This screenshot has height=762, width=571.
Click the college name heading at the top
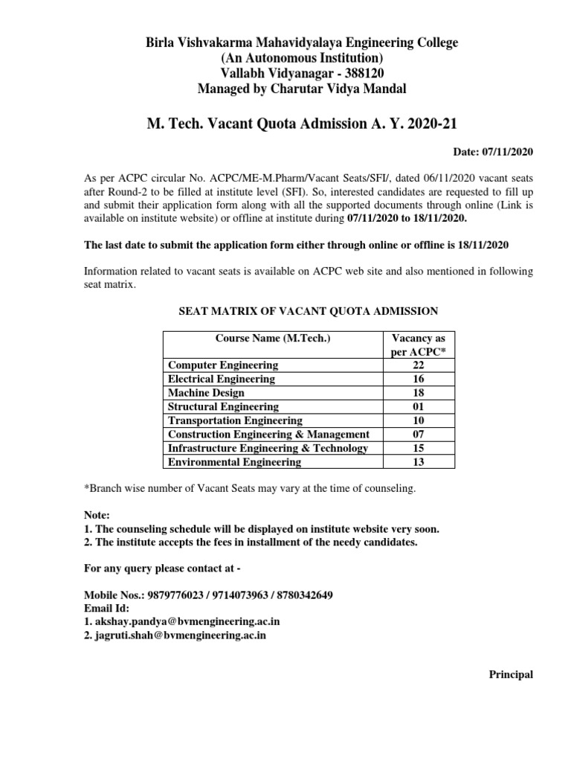(x=301, y=42)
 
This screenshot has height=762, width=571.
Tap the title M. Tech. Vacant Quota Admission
(x=301, y=122)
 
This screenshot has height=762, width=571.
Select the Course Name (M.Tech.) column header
(x=272, y=338)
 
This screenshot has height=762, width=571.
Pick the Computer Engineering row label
(x=223, y=365)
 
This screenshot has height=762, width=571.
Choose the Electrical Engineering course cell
(x=222, y=379)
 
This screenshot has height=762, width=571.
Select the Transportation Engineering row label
(x=235, y=420)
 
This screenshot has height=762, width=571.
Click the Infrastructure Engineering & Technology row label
(x=268, y=448)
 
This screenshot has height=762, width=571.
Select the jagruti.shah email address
(x=181, y=635)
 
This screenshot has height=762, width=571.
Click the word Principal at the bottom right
(x=511, y=675)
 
